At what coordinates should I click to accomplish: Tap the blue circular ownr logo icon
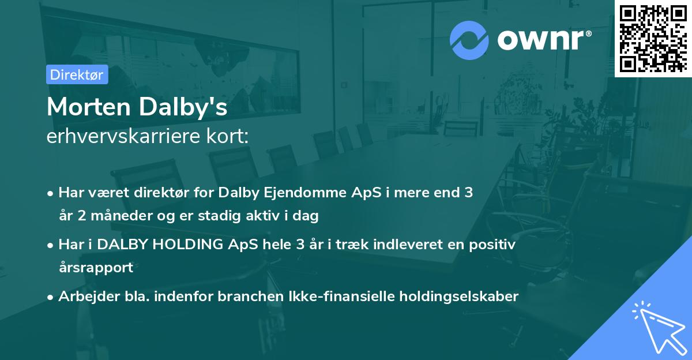point(470,40)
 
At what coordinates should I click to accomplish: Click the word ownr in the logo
point(543,40)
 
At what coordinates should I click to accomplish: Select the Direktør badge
point(77,74)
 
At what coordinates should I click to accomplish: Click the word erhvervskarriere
point(127,137)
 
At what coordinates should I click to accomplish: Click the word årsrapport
point(96,267)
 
